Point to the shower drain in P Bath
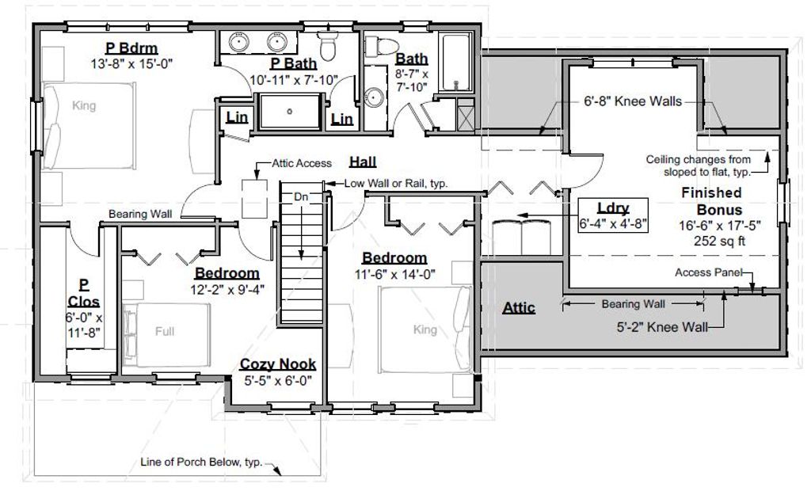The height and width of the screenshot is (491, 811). [x=291, y=111]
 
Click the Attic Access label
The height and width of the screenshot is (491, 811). [x=303, y=163]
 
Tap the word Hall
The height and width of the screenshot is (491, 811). [x=363, y=162]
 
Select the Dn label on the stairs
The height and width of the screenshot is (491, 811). [x=301, y=196]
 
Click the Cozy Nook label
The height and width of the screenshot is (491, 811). [x=278, y=364]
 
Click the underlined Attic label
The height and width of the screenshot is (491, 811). [x=519, y=307]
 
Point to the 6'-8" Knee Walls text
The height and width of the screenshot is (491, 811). [x=628, y=101]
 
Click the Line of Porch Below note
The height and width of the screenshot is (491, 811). [x=199, y=462]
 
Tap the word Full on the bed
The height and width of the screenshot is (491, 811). [x=165, y=331]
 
